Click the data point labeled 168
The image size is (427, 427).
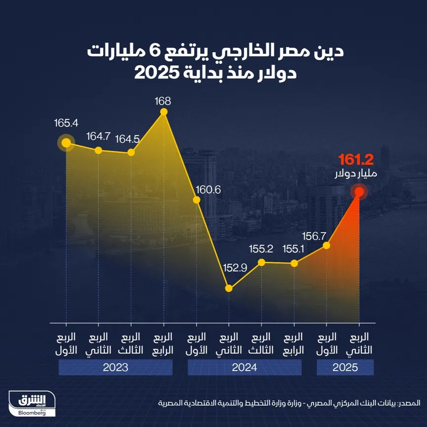coord(164,112)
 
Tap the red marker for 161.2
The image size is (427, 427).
coord(359,192)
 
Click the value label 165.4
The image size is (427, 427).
coord(67,123)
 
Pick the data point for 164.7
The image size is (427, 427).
coord(98,150)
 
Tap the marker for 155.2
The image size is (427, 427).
coord(261,262)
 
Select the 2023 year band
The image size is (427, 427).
coord(115,367)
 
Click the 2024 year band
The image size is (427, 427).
coord(244,367)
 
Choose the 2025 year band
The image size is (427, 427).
coord(345,367)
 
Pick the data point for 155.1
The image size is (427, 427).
coord(295,263)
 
